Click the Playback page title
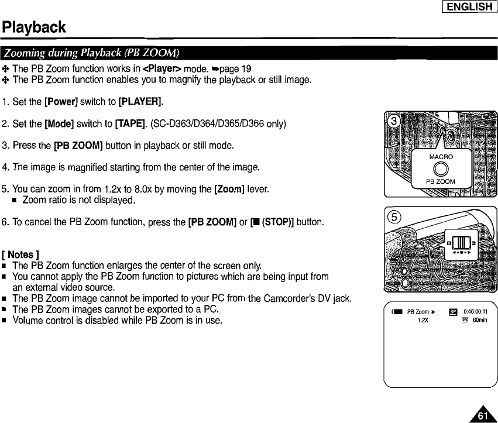coord(34,27)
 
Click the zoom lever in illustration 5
coord(460,241)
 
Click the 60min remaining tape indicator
coord(480,321)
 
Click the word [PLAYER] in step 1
coord(140,103)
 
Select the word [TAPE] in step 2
coord(133,124)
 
